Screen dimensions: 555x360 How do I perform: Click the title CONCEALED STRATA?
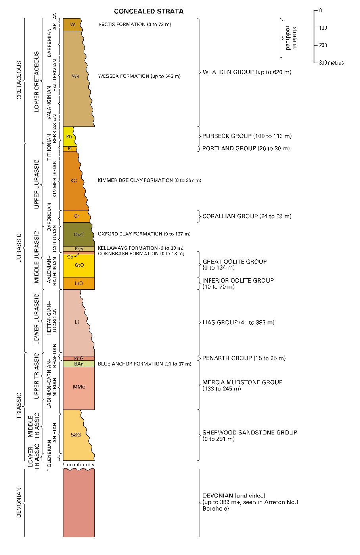149,11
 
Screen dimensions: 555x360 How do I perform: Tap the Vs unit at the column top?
73,25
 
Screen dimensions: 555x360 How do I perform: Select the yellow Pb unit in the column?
69,136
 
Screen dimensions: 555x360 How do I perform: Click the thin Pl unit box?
70,149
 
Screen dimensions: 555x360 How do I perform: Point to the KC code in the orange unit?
73,181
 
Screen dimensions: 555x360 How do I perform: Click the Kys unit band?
79,249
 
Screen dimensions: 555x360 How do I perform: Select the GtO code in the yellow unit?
79,265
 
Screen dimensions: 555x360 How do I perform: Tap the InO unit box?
79,283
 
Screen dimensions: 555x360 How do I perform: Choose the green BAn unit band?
79,364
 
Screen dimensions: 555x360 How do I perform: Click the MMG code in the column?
79,387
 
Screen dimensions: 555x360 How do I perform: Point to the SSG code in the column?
76,435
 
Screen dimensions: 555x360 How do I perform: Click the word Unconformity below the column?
79,465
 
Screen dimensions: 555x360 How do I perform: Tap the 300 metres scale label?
331,63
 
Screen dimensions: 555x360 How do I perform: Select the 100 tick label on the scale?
323,28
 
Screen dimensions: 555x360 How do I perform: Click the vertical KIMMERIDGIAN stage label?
55,179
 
